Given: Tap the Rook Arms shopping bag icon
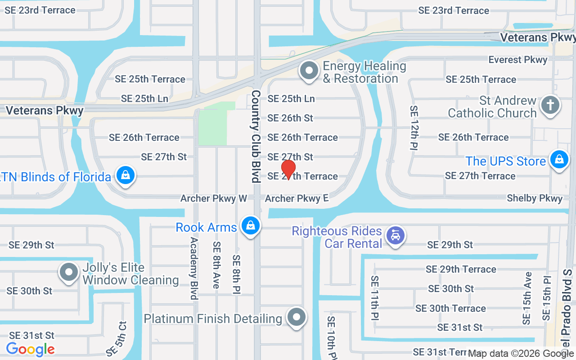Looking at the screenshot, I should (251, 226).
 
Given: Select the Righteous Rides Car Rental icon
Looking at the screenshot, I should (396, 235).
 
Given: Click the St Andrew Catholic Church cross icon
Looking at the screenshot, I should (550, 105).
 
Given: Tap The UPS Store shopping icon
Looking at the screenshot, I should (559, 160).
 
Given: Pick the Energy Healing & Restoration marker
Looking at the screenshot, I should (309, 71).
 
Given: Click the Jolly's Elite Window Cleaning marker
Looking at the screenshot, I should (69, 272).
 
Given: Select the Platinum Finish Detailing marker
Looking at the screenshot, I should (297, 317).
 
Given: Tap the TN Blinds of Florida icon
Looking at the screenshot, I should (126, 175).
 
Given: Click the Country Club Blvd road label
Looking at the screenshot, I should (256, 136).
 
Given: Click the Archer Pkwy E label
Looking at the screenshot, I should (297, 198).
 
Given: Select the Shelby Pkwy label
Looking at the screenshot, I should (535, 198).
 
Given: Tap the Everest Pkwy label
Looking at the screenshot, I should (518, 60).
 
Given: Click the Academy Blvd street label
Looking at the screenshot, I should (194, 268).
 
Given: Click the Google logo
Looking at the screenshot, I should (30, 349).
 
